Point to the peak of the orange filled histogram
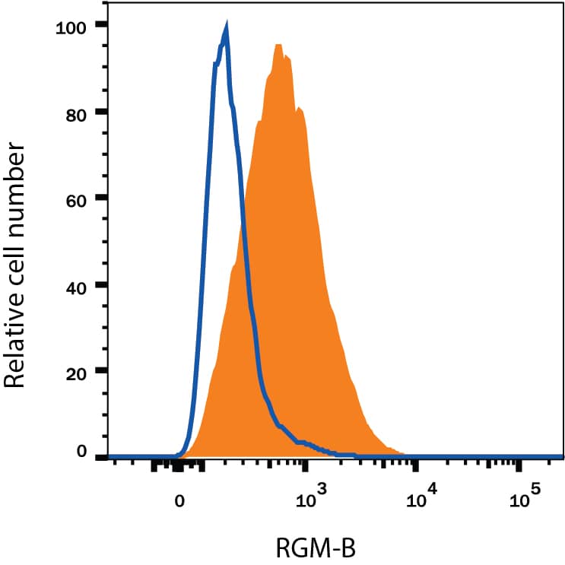point(279,46)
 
